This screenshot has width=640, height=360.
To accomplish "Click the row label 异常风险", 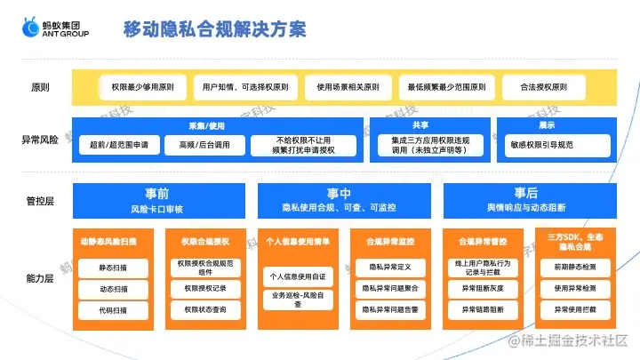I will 40,140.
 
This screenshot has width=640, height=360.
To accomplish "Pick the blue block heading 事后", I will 526,193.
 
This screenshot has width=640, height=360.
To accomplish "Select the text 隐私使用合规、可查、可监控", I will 340,208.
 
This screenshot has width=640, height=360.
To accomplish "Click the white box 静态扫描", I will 114,266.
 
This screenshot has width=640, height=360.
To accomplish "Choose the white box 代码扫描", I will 114,310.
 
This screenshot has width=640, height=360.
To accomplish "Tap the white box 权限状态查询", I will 205,309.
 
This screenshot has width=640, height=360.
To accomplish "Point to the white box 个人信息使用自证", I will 298,276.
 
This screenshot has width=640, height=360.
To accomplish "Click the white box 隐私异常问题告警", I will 390,309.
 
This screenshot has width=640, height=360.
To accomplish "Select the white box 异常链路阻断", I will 483,309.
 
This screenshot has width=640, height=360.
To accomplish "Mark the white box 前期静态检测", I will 575,266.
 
